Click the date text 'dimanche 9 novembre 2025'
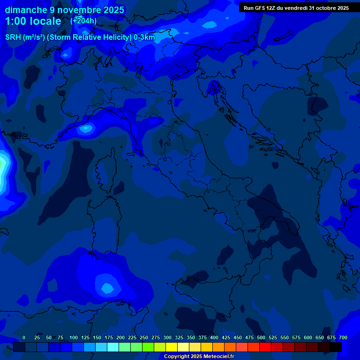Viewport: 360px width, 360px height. (64, 10)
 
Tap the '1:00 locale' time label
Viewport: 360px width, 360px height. (33, 21)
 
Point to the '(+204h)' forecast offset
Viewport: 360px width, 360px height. (83, 21)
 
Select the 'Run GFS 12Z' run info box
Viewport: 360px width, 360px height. (296, 8)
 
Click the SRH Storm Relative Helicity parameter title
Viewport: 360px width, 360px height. (80, 37)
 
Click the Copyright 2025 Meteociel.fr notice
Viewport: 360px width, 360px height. (199, 356)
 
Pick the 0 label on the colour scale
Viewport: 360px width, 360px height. (24, 337)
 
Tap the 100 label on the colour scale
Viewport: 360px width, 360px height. (74, 337)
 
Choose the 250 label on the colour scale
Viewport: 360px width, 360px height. (144, 337)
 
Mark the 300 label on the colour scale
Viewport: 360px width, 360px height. (167, 337)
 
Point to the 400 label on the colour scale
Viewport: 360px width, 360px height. (214, 337)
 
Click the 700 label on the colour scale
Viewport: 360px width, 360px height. (343, 337)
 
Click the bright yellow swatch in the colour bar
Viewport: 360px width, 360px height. (172, 347)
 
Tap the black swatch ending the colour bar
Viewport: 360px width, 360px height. (336, 347)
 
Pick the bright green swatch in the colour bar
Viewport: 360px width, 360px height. (148, 347)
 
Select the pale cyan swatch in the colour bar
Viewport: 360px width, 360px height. (113, 347)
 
